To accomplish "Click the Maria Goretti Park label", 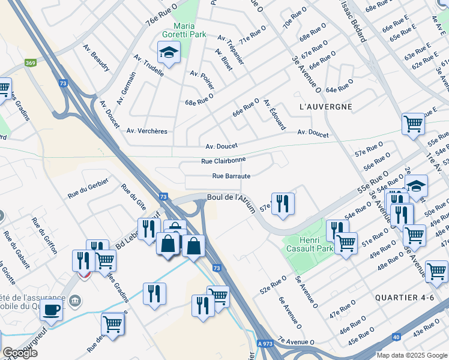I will [189, 30].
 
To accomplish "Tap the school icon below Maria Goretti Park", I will [169, 53].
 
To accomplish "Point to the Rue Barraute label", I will [231, 176].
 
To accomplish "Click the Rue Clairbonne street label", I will [223, 161].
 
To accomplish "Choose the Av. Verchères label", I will [147, 131].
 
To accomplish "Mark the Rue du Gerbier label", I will [83, 191].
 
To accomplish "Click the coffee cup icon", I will [51, 310].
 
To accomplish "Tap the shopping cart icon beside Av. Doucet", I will [414, 124].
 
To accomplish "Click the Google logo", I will [20, 353].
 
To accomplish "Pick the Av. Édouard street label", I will [274, 114].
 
